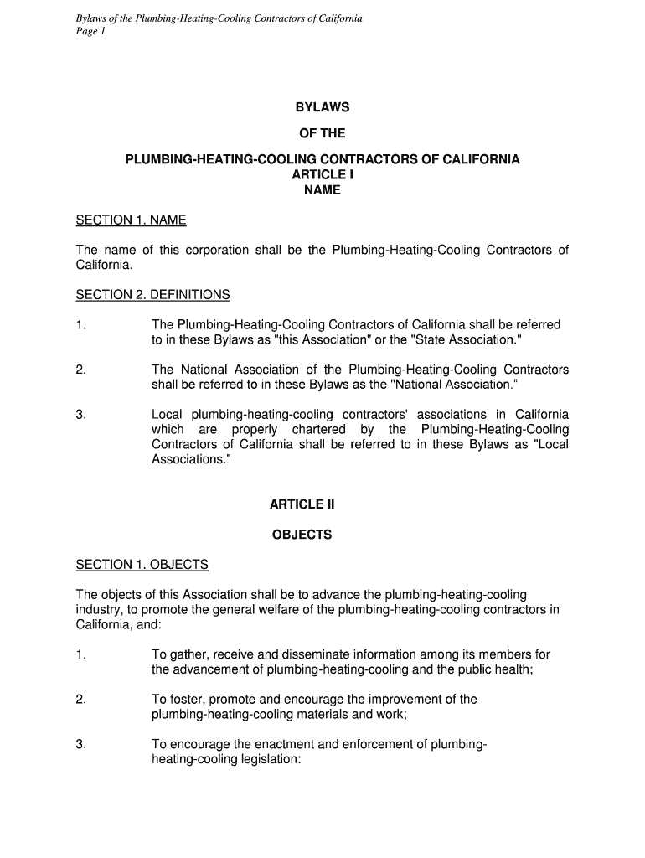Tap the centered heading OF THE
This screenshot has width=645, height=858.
click(322, 132)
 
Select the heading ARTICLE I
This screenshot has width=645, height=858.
click(322, 174)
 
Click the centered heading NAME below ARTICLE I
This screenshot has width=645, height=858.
click(322, 190)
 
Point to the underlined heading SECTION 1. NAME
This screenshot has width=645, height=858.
click(131, 220)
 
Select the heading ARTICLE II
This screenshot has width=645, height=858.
click(302, 504)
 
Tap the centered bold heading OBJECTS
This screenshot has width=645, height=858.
click(302, 534)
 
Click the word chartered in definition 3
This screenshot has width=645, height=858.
click(318, 430)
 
